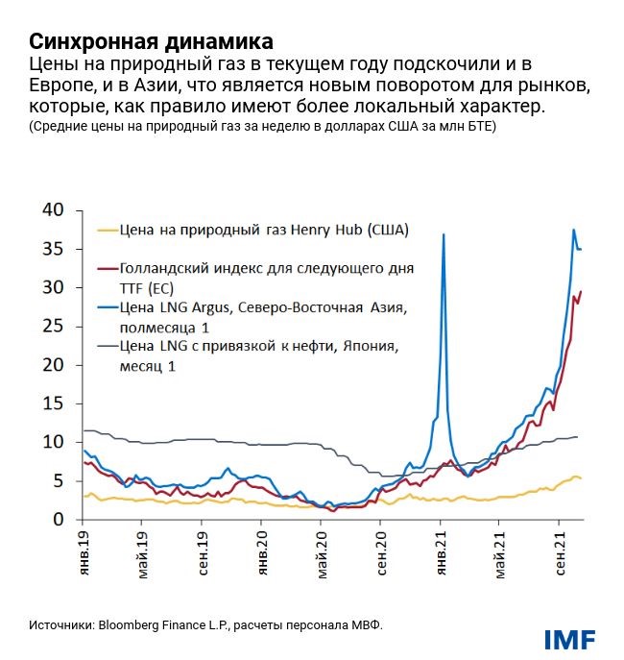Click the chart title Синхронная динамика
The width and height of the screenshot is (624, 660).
(150, 42)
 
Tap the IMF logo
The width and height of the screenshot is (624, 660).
(569, 639)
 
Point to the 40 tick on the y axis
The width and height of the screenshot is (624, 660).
(52, 210)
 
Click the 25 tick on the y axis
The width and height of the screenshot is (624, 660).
(52, 327)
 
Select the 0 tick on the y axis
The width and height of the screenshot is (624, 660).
(58, 520)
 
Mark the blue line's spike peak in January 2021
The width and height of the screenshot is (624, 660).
(443, 234)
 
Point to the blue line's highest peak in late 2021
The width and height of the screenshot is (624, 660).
(573, 230)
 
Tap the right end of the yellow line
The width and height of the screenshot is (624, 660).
(582, 478)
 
